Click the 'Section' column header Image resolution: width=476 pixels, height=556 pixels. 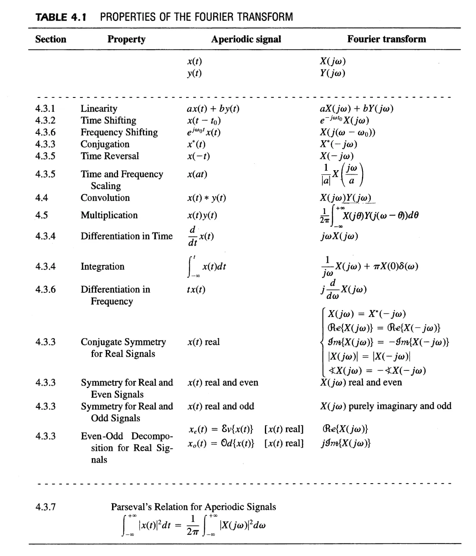click(51, 39)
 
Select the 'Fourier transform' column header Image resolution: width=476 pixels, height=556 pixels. click(386, 39)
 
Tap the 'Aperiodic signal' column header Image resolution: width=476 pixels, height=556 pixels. click(246, 39)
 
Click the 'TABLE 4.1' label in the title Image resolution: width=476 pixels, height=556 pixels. click(62, 17)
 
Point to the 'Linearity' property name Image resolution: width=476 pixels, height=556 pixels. click(99, 108)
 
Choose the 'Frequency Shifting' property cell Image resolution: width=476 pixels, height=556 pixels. click(119, 132)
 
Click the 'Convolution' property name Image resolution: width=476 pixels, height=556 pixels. click(105, 198)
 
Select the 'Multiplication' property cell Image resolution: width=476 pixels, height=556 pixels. click(109, 215)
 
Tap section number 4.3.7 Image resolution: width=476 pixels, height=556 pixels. click(45, 507)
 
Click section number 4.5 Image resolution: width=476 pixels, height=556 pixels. click(41, 215)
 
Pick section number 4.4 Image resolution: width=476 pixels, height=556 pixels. click(41, 198)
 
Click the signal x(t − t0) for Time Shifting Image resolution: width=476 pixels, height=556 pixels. click(204, 121)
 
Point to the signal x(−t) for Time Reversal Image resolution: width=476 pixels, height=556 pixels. click(199, 156)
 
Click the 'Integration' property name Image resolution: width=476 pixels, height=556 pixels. click(102, 266)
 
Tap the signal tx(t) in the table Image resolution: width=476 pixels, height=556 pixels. click(196, 290)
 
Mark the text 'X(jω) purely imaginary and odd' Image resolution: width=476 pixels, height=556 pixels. click(385, 406)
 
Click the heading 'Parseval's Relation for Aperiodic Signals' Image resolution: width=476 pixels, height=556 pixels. click(193, 507)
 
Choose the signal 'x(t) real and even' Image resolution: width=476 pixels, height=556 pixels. click(222, 383)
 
